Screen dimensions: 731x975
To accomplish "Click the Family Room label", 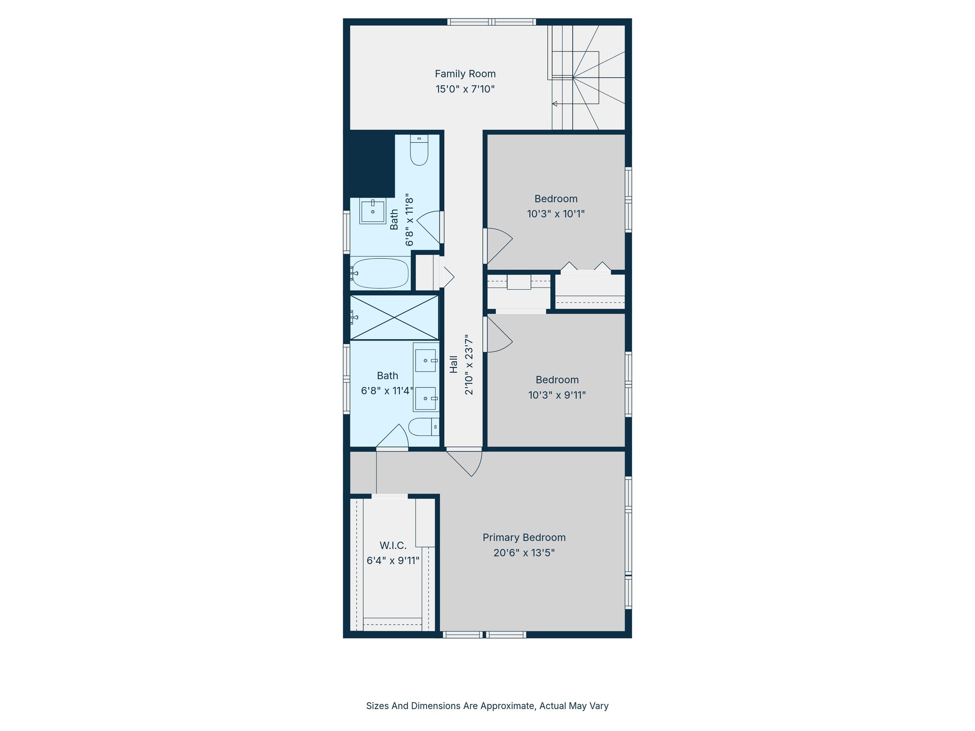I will tap(465, 74).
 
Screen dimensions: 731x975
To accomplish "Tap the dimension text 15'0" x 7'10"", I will tap(465, 89).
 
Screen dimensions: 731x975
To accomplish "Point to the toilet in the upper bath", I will tap(419, 150).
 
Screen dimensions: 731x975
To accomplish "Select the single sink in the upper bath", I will tap(373, 212).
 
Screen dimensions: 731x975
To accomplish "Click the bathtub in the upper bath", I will tap(380, 274).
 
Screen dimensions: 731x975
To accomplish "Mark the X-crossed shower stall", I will tap(394, 317).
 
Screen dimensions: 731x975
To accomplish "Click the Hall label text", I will tap(454, 364).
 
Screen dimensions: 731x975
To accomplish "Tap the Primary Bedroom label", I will tap(524, 537).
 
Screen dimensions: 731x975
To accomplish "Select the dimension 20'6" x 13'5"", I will tap(524, 553).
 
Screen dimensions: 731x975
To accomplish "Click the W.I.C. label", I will tap(393, 545).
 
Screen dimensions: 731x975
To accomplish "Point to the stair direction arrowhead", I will tap(555, 104).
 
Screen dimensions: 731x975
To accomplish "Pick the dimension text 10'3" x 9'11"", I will tap(557, 395).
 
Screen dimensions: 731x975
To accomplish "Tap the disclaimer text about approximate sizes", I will tap(487, 706).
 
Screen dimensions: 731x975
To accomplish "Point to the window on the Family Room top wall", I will tap(491, 22).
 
